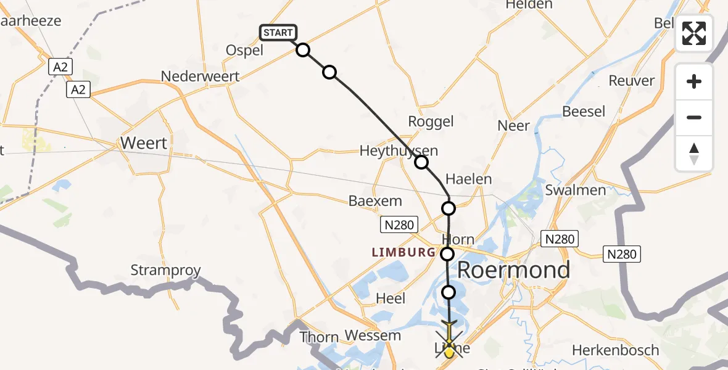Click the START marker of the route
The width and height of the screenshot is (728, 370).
(278, 33)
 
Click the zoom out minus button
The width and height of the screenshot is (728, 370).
(694, 117)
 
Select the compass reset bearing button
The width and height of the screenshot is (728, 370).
(694, 153)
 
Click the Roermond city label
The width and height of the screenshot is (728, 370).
(513, 270)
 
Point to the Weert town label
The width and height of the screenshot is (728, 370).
(144, 143)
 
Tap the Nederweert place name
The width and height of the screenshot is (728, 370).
(200, 76)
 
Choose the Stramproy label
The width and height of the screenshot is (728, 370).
(165, 270)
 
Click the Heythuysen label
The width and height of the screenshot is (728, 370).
(391, 150)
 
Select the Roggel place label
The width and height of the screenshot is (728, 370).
(431, 121)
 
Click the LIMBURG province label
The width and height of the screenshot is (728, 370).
(403, 252)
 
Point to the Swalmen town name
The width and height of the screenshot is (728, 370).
(575, 190)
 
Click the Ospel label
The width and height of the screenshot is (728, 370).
(245, 51)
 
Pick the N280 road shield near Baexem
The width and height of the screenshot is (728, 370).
(399, 225)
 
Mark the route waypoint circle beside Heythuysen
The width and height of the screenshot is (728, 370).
(421, 162)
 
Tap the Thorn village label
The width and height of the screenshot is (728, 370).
(319, 337)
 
